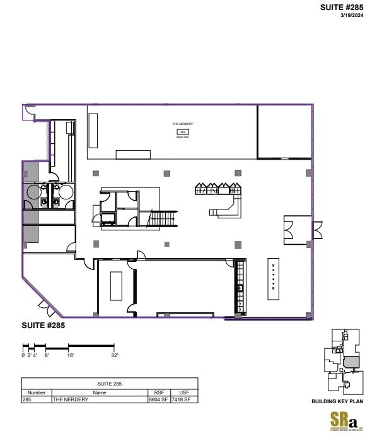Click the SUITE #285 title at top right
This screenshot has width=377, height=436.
coord(342,8)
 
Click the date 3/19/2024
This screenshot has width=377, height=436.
coord(352,16)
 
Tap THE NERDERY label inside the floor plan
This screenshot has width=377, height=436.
coord(183,124)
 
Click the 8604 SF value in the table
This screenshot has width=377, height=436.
coord(157,399)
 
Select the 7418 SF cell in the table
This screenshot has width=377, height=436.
coord(184,399)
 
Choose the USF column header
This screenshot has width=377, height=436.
coord(184,392)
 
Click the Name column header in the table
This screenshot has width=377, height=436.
coord(100,392)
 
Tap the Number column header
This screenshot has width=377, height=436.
coord(37,392)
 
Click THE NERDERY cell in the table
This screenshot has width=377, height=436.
coord(71,399)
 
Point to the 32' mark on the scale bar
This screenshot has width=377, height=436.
coord(114,356)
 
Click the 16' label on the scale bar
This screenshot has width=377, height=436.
coord(70,356)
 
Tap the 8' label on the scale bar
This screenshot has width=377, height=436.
coord(46,356)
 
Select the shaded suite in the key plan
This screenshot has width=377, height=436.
coord(351,362)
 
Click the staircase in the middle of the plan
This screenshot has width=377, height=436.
coord(163,219)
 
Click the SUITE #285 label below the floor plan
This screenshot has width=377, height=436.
coord(44,326)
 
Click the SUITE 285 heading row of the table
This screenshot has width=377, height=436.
coord(110,384)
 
